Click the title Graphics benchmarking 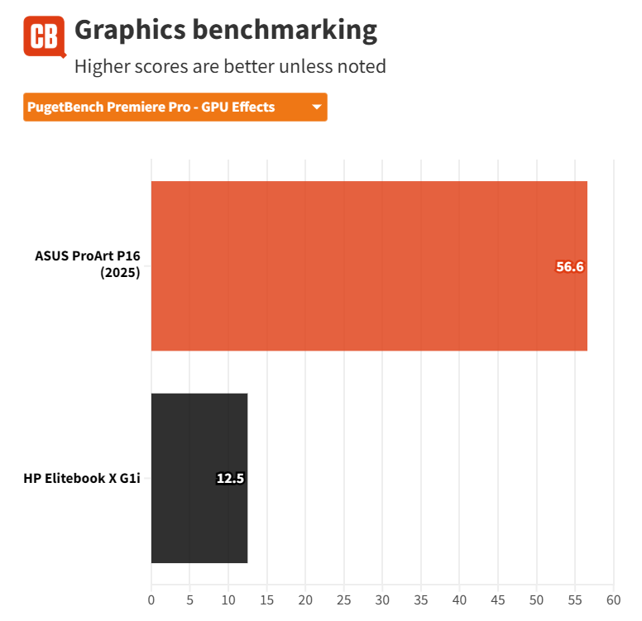click(225, 31)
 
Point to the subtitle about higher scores click(230, 66)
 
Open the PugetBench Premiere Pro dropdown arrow click(316, 107)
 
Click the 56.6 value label click(570, 266)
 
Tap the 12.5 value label click(230, 478)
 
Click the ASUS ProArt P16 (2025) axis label click(87, 265)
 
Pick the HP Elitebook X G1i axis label click(82, 478)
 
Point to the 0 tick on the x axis click(151, 598)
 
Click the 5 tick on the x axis click(189, 598)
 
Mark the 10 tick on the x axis click(228, 598)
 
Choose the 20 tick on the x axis click(305, 598)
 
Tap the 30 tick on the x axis click(382, 598)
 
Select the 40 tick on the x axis click(459, 598)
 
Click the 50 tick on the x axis click(536, 598)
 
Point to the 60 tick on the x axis click(613, 598)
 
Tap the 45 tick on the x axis click(498, 598)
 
